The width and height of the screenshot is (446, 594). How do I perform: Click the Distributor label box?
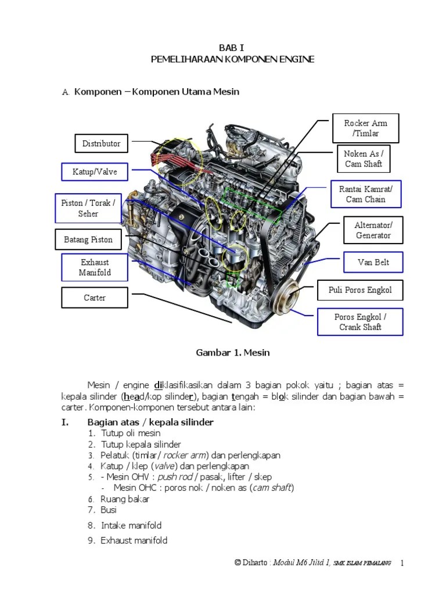pos(101,143)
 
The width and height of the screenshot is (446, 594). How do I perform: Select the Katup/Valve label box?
pos(95,172)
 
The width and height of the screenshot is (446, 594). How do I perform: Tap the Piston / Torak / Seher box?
pos(88,208)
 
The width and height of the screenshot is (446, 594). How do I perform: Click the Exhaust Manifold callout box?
pos(95,267)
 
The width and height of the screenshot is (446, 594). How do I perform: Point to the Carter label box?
pos(94,298)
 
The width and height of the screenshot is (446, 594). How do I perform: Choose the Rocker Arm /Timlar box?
pos(365,128)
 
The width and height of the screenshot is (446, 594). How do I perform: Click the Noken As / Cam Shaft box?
pos(364,158)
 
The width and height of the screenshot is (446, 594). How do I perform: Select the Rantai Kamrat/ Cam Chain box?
pos(365,194)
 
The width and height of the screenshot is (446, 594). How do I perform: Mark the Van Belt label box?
pos(373,262)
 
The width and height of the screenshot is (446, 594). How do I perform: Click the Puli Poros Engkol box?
pos(360,290)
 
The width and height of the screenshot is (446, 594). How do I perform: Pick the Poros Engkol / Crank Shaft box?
pos(360,322)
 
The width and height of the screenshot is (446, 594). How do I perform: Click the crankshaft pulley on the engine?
pos(288,296)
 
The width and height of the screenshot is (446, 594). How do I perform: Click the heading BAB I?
pos(232,48)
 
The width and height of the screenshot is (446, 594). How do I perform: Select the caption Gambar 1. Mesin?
pos(233,352)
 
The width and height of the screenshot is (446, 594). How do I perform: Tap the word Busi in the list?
pos(109,510)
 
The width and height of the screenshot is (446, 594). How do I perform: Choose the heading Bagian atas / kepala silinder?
pos(150,422)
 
